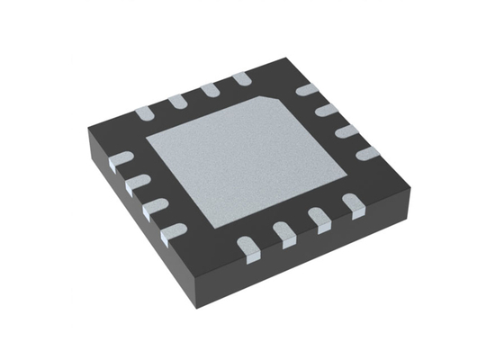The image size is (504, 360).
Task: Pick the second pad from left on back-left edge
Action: click(175, 101)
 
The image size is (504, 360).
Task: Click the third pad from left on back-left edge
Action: click(209, 90)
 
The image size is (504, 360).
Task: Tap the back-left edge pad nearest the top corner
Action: click(241, 81)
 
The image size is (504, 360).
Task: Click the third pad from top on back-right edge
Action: click(346, 131)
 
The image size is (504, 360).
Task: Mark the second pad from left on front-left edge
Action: click(136, 184)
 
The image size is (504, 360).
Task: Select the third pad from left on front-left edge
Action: click(154, 207)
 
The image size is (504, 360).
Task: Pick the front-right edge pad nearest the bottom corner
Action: click(247, 244)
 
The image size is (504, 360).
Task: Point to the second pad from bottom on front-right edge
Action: click(284, 234)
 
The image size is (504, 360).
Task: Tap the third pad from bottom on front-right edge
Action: click(319, 220)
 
